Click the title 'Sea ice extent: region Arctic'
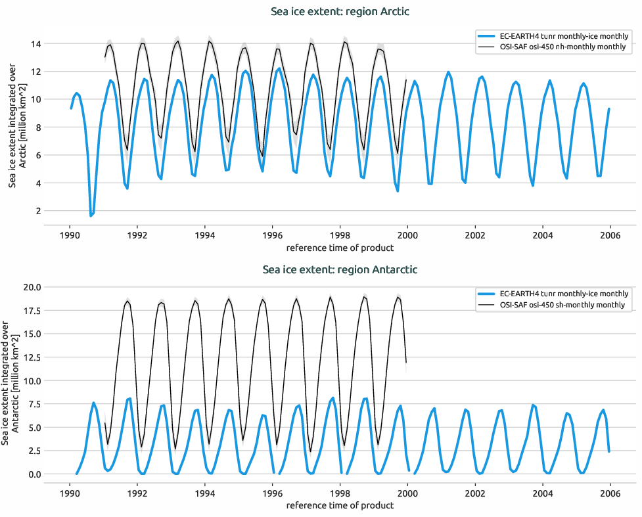pyautogui.click(x=340, y=11)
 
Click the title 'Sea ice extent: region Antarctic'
pyautogui.click(x=340, y=269)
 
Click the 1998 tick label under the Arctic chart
pyautogui.click(x=340, y=235)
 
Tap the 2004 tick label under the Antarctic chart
pyautogui.click(x=542, y=492)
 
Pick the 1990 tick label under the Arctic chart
pyautogui.click(x=70, y=235)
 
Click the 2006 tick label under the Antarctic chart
pyautogui.click(x=610, y=492)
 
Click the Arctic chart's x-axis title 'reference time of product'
pyautogui.click(x=340, y=248)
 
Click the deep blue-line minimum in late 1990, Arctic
pyautogui.click(x=91, y=215)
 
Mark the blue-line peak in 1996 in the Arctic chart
pyautogui.click(x=279, y=68)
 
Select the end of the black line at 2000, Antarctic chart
pyautogui.click(x=406, y=362)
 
